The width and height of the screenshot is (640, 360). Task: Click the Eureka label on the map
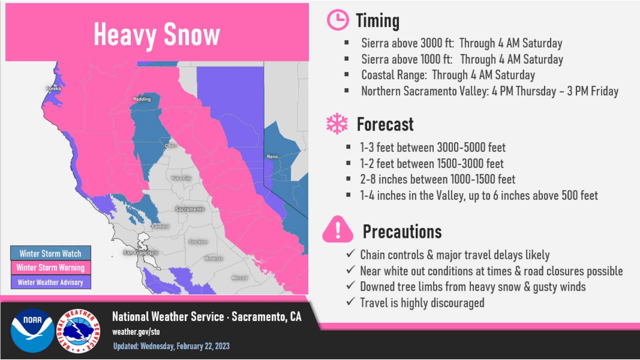coord(53,89)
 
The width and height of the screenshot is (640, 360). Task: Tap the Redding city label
coord(142,99)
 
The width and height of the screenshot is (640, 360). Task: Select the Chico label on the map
coord(171,146)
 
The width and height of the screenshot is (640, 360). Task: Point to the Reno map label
coord(272,157)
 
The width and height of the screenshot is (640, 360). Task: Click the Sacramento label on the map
coord(190,209)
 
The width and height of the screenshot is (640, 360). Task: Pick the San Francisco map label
coord(140,253)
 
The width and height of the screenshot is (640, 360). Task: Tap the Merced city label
coord(240,278)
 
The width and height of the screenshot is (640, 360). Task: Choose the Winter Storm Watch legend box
coord(51,253)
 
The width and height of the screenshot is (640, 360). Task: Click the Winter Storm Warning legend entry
coord(51,268)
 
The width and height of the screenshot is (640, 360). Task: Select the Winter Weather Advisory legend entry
coord(51,282)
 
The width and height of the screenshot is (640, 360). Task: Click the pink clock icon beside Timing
coord(338,20)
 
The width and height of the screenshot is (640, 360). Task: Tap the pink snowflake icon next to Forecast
coord(337,124)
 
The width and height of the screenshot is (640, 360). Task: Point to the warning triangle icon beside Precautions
coord(338,229)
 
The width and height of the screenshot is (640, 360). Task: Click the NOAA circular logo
coord(32,331)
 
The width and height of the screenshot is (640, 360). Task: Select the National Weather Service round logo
coord(78,331)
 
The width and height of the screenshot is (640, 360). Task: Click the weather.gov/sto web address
coord(136,332)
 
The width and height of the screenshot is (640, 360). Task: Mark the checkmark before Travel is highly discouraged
coord(350,302)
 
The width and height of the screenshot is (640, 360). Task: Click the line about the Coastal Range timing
coord(448,75)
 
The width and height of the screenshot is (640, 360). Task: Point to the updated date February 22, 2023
coord(203,346)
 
